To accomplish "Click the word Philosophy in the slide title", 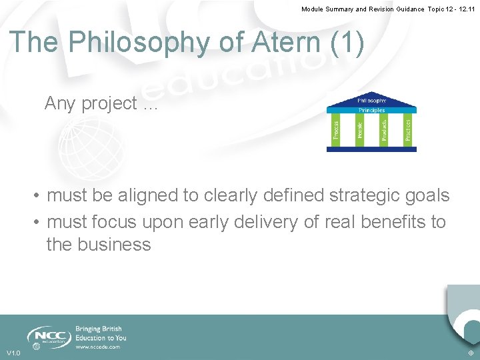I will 138,43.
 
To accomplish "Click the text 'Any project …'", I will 101,104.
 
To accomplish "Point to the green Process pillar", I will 336,129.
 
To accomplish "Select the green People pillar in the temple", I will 359,129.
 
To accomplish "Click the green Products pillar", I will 383,129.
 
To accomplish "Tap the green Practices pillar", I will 407,129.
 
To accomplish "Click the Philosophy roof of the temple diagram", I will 371,101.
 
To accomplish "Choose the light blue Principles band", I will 371,109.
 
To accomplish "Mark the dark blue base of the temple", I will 371,149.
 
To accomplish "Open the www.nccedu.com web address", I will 97,347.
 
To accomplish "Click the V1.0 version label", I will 13,353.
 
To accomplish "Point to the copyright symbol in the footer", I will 471,353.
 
